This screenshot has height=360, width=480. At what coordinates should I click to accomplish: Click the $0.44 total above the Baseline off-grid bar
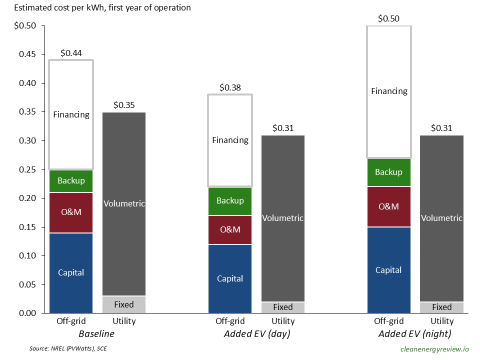pyautogui.click(x=70, y=52)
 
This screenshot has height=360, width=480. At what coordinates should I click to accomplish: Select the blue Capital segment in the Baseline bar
pyautogui.click(x=71, y=272)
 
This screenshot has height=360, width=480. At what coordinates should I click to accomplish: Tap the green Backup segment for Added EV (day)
pyautogui.click(x=230, y=200)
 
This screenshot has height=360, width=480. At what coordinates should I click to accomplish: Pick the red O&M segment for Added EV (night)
pyautogui.click(x=388, y=206)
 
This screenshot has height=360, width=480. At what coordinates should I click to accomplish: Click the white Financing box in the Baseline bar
pyautogui.click(x=71, y=114)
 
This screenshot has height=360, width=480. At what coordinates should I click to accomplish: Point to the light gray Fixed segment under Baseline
pyautogui.click(x=123, y=304)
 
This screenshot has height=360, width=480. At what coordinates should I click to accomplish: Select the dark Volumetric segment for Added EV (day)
pyautogui.click(x=282, y=218)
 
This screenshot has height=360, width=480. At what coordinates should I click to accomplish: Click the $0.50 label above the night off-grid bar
pyautogui.click(x=388, y=18)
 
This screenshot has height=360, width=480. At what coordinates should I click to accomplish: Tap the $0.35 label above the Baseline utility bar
pyautogui.click(x=123, y=105)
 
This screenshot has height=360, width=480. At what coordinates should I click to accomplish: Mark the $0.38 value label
pyautogui.click(x=230, y=87)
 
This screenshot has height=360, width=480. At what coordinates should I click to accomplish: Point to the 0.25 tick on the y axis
pyautogui.click(x=28, y=169)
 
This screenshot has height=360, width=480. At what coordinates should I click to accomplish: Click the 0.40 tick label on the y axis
pyautogui.click(x=28, y=83)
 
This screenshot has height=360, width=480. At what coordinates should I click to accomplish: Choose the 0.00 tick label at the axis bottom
pyautogui.click(x=28, y=313)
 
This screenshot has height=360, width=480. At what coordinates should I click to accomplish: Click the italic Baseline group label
pyautogui.click(x=97, y=333)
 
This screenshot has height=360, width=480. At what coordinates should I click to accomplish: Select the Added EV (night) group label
pyautogui.click(x=415, y=333)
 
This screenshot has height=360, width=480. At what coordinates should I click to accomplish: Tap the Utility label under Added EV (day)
pyautogui.click(x=282, y=321)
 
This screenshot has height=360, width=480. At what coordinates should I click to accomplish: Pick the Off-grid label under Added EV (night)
pyautogui.click(x=388, y=321)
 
